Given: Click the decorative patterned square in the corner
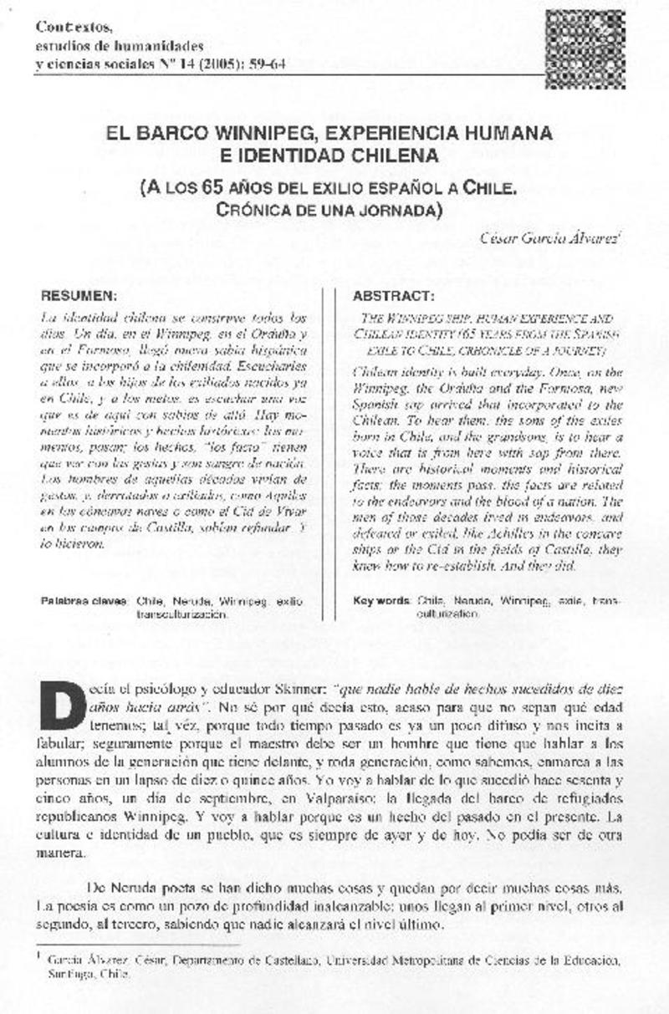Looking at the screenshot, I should tap(585, 38).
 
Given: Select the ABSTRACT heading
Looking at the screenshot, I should tap(393, 297).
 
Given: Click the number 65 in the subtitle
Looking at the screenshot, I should tap(211, 188).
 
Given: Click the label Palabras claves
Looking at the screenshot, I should tap(84, 600).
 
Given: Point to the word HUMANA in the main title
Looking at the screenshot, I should tap(512, 134).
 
